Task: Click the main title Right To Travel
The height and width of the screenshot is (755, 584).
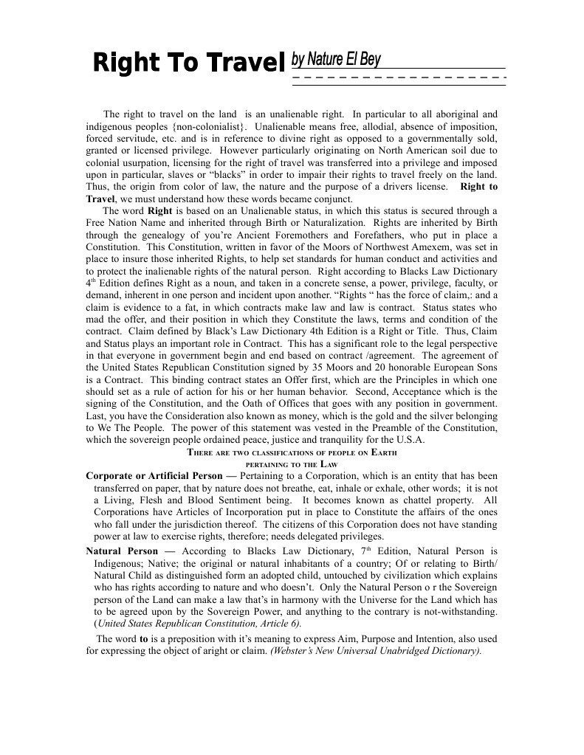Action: point(188,64)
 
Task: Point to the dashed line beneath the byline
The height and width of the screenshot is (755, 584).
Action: point(399,77)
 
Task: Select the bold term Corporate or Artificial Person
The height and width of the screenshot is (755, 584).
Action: point(157,476)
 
